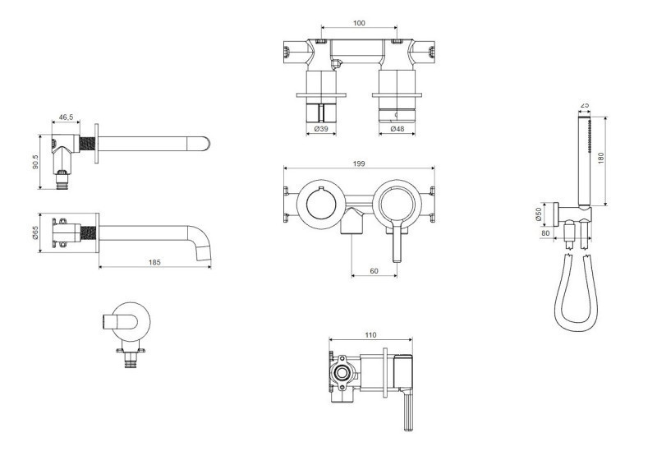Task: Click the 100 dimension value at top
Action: tap(359, 23)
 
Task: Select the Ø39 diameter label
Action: tap(321, 129)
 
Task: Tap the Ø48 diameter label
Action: tap(397, 129)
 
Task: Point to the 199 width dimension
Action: tap(359, 163)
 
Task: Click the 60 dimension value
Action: tap(374, 271)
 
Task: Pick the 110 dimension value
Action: tap(371, 335)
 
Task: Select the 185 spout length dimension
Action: tap(154, 262)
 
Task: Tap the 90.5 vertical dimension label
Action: tap(35, 162)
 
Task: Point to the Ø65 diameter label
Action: tap(35, 232)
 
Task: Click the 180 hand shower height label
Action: tap(601, 158)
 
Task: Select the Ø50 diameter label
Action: tap(539, 214)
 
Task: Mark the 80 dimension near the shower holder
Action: tap(545, 233)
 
